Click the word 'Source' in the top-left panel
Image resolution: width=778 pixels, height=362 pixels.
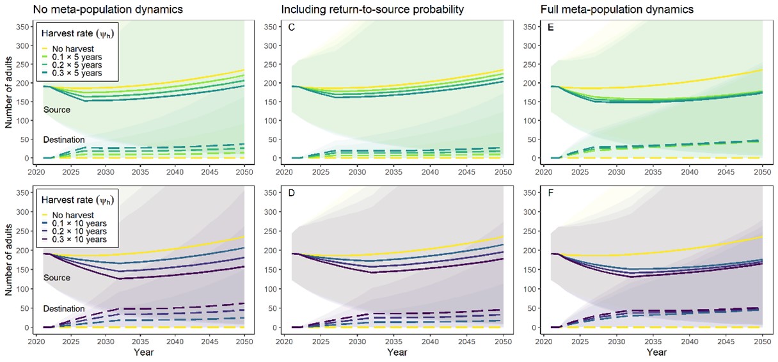click(x=56, y=110)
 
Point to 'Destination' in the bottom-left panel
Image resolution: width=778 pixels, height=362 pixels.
click(x=64, y=309)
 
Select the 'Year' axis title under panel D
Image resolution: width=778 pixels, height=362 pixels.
click(x=397, y=352)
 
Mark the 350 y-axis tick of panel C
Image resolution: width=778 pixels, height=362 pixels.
click(x=271, y=26)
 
